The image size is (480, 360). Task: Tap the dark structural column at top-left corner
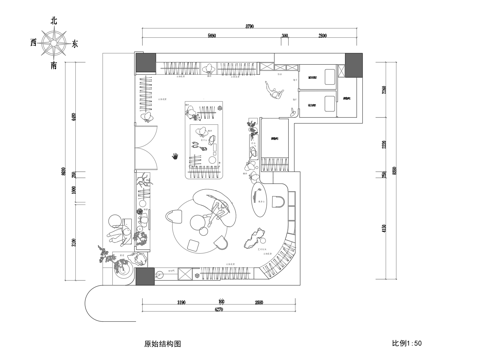coord(144,61)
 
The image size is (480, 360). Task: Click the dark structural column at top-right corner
coord(351,60)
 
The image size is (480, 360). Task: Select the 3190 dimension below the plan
coord(180,300)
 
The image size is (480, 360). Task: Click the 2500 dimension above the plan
coord(322,35)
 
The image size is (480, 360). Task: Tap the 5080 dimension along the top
coord(211,35)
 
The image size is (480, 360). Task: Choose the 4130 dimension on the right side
coord(368,228)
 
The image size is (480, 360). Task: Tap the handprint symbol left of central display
coord(177,157)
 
